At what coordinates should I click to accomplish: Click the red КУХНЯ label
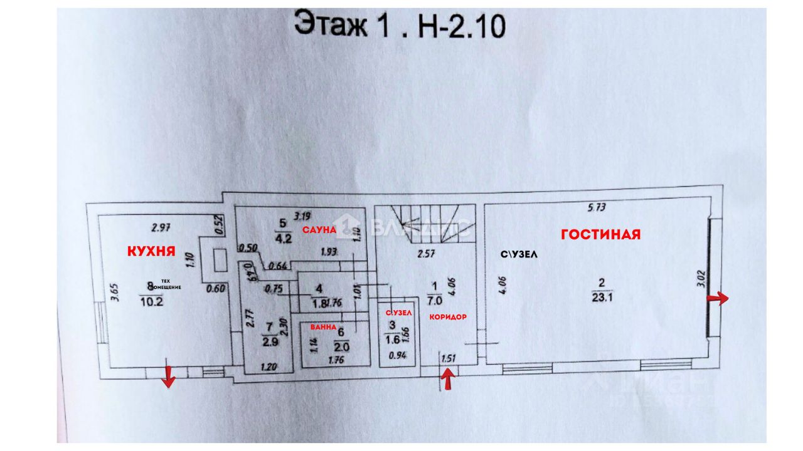coord(151,251)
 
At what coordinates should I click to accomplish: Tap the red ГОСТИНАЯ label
coord(600,234)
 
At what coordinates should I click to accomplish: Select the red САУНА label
coord(317,231)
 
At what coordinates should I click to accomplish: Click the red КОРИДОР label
coord(448,317)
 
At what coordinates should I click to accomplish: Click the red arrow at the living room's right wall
coord(718,299)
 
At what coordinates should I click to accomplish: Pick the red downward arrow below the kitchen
coord(168,376)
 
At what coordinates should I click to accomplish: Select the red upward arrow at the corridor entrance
coord(448,378)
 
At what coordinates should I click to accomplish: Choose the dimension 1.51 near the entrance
coord(448,358)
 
